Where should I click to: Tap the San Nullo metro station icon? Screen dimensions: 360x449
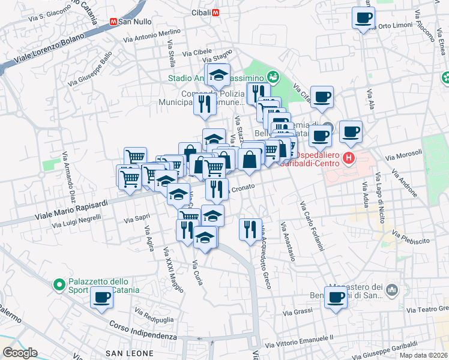click(x=113, y=21)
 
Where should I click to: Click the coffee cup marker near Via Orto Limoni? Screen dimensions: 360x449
click(x=363, y=19)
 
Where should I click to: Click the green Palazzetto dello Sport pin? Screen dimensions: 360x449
click(x=59, y=284)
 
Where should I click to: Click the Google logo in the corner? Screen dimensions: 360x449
click(x=19, y=353)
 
